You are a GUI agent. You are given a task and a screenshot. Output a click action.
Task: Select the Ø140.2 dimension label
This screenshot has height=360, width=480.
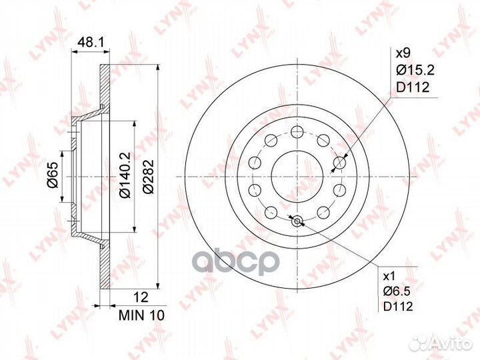(x=125, y=175)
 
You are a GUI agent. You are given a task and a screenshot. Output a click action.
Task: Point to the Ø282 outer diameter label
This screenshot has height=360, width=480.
(x=148, y=176)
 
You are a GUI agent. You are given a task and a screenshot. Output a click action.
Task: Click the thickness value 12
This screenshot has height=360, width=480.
(x=141, y=297)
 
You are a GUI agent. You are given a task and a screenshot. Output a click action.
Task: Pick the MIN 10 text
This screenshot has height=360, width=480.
(x=141, y=315)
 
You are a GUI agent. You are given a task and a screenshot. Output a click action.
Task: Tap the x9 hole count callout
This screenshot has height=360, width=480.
(x=403, y=54)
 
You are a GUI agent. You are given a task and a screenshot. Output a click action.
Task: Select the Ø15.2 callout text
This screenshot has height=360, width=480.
(x=415, y=71)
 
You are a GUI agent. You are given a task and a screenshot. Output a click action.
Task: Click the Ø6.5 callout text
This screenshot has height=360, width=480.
(x=397, y=291)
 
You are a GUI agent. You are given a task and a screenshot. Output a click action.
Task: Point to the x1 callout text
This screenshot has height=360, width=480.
(x=389, y=277)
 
